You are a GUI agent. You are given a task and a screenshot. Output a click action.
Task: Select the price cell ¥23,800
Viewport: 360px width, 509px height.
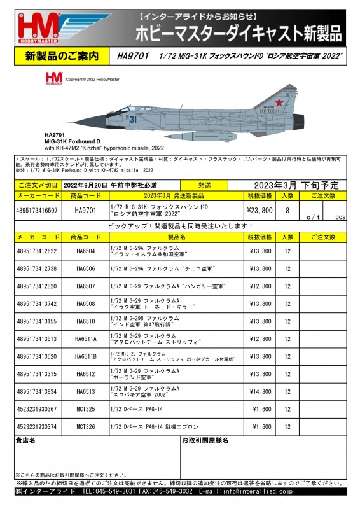click(260, 210)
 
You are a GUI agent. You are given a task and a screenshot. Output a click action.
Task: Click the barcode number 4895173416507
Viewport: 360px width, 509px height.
click(38, 210)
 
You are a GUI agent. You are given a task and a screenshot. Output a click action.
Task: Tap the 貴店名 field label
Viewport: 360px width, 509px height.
click(25, 440)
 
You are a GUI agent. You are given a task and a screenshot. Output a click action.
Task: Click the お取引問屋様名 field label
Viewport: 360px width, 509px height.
click(205, 440)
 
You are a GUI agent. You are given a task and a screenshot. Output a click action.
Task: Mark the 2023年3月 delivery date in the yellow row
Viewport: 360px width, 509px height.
click(268, 185)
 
